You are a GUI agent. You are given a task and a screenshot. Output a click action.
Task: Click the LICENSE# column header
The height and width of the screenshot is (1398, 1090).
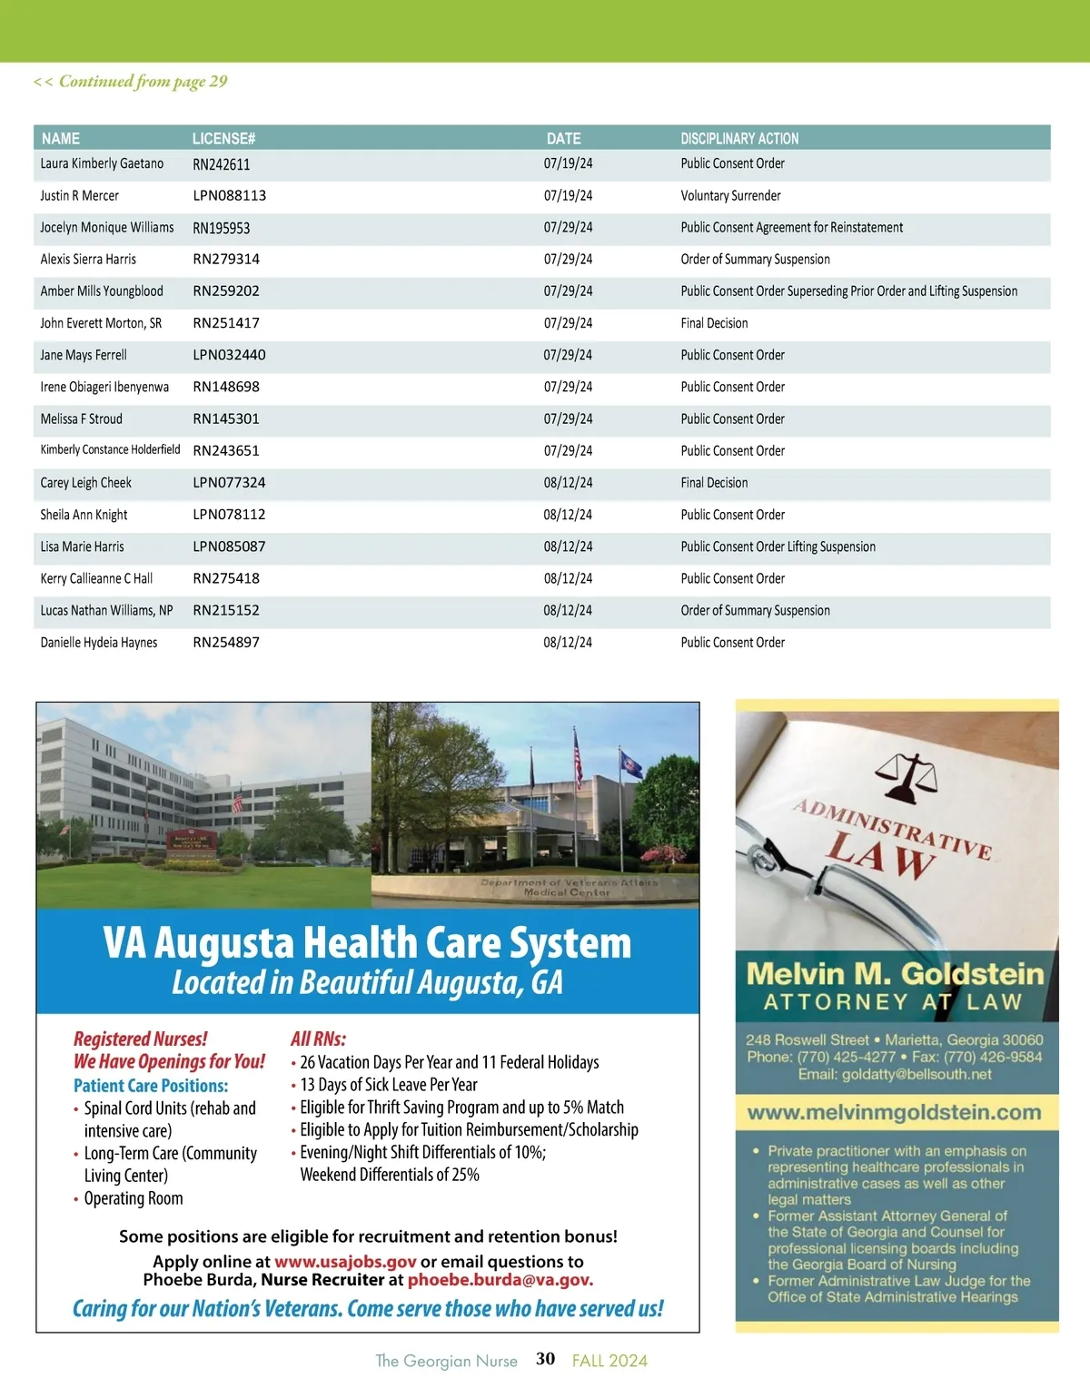(223, 139)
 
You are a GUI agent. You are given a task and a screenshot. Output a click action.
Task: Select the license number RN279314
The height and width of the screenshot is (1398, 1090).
(226, 260)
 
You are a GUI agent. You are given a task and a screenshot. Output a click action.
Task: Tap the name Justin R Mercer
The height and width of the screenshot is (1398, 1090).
(79, 196)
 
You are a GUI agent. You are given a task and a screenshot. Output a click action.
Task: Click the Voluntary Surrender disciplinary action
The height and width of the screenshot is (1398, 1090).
(730, 196)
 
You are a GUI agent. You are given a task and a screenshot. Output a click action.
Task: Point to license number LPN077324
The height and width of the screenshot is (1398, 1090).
(229, 483)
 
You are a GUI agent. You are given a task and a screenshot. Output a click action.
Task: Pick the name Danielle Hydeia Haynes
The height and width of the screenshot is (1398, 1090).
(98, 643)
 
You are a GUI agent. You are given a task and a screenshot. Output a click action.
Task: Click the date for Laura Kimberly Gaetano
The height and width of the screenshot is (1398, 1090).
(568, 164)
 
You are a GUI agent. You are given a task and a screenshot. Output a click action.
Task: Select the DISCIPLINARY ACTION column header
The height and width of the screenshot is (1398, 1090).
(739, 139)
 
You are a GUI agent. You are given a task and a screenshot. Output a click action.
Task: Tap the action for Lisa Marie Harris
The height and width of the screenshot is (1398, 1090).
(778, 546)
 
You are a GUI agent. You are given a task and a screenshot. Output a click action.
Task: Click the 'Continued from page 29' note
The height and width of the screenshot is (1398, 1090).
(131, 82)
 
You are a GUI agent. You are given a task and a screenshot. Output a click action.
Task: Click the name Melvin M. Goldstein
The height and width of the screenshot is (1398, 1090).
(895, 974)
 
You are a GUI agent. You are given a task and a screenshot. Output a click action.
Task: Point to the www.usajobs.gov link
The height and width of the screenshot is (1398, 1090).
(345, 1262)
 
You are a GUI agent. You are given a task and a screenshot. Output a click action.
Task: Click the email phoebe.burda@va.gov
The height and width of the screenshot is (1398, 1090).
(500, 1280)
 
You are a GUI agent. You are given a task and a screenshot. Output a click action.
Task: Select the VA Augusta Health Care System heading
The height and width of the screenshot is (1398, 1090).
(367, 943)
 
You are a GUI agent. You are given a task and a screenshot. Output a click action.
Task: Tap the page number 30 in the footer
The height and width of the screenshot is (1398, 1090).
(545, 1359)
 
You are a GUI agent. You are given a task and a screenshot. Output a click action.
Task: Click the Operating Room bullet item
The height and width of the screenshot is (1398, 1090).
(134, 1198)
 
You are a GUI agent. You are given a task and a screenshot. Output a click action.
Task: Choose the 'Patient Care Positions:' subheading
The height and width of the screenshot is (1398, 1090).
(151, 1086)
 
